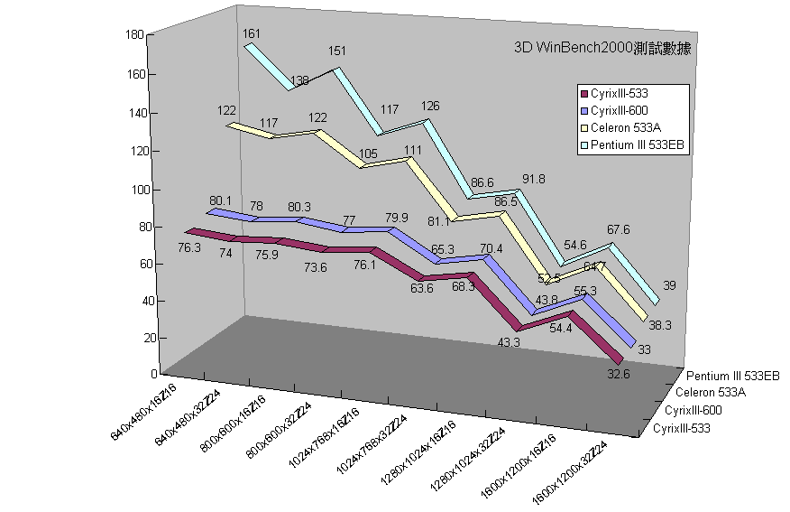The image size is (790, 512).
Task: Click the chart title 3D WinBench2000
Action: [602, 49]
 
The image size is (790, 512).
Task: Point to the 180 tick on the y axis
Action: [134, 35]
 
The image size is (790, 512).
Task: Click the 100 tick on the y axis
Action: [134, 190]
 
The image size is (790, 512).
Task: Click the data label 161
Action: [252, 33]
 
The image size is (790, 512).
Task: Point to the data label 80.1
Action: [220, 200]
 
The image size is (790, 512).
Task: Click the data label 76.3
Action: [189, 247]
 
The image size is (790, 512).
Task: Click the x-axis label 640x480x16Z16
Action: [144, 410]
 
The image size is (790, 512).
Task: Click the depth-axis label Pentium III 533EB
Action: [732, 376]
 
